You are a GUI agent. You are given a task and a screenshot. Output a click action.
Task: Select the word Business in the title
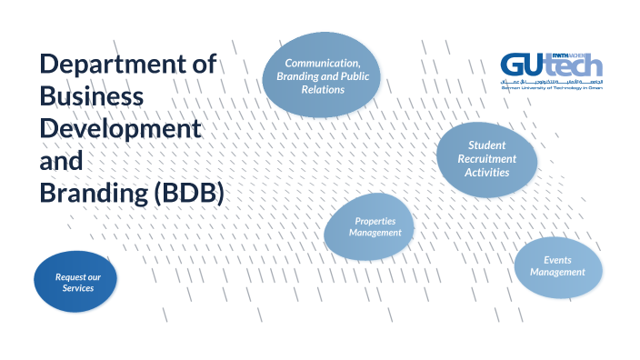pyautogui.click(x=92, y=97)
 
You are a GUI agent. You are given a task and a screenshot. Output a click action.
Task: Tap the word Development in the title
pyautogui.click(x=119, y=129)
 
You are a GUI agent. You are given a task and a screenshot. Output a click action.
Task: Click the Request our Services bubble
pyautogui.click(x=77, y=282)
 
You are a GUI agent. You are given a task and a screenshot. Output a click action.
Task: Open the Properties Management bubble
pyautogui.click(x=375, y=226)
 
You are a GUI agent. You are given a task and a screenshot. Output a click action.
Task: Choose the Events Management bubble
pyautogui.click(x=557, y=266)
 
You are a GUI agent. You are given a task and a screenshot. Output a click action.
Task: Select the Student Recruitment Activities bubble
pyautogui.click(x=486, y=158)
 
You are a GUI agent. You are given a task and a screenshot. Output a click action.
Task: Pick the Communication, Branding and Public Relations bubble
pyautogui.click(x=323, y=76)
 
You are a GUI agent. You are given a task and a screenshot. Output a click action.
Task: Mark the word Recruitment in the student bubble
pyautogui.click(x=486, y=158)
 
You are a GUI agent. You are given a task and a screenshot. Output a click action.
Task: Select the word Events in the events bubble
pyautogui.click(x=558, y=260)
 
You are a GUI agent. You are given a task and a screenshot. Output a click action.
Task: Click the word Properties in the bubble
pyautogui.click(x=375, y=220)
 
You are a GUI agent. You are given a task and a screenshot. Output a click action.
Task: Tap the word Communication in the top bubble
pyautogui.click(x=323, y=63)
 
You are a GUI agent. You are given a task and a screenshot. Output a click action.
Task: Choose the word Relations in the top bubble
pyautogui.click(x=323, y=90)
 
